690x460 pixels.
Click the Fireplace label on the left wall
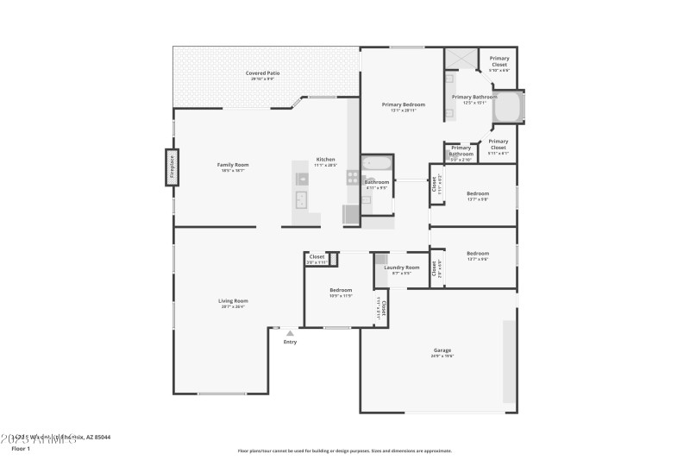point(172,167)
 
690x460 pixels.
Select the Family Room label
point(232,164)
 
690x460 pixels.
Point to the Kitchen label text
point(325,160)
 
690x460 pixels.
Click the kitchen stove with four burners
point(353,178)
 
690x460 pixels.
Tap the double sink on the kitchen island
point(303,200)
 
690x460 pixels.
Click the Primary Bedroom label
point(404,104)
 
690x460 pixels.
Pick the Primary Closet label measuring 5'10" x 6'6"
point(499,60)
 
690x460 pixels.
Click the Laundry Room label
point(402,268)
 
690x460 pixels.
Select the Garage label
point(442,350)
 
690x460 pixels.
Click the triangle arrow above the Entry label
point(290,333)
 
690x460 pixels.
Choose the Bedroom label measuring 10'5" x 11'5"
point(341,290)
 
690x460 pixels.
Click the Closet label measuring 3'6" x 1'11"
point(317,256)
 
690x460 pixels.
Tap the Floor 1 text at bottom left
point(20,449)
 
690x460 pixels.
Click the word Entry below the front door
point(290,343)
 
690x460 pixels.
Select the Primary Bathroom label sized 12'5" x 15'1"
point(474,98)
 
